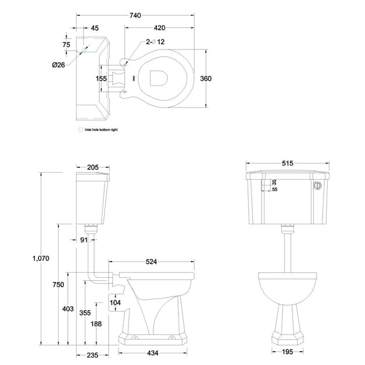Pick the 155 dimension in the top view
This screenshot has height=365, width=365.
(102, 78)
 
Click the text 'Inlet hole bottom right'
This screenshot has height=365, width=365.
(101, 130)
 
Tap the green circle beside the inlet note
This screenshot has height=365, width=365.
(80, 130)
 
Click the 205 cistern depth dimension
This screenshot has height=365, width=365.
(93, 167)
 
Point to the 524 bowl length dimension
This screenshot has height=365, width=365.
(151, 262)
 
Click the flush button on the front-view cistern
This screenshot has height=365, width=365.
(317, 186)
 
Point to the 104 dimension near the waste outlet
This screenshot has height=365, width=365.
(115, 302)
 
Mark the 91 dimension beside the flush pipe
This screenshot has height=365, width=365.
(84, 239)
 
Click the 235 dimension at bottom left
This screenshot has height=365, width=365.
(92, 354)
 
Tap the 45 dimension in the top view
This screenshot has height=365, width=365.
(95, 27)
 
